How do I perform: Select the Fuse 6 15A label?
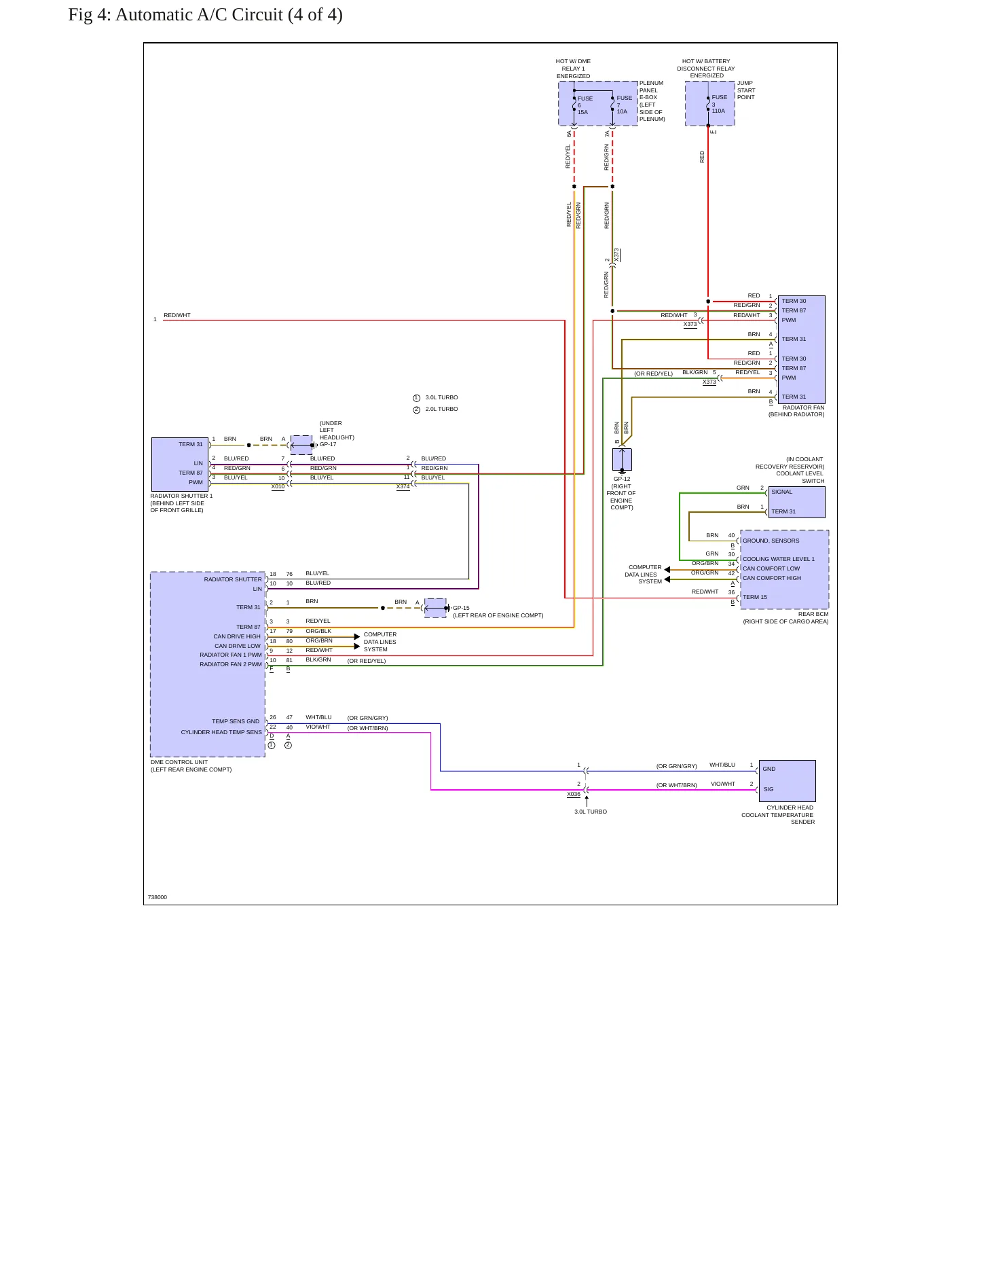(585, 105)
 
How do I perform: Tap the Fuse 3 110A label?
(719, 104)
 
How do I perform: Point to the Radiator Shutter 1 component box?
(180, 465)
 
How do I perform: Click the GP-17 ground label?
(328, 444)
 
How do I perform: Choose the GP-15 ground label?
(461, 608)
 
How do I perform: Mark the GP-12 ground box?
(622, 459)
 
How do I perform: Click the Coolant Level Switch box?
(796, 502)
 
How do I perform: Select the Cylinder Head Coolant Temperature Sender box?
(787, 781)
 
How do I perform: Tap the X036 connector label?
(574, 794)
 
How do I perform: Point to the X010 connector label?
(278, 486)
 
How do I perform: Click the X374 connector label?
(403, 486)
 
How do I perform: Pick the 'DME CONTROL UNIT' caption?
(179, 762)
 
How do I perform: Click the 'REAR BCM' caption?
(813, 614)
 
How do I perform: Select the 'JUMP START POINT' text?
(746, 90)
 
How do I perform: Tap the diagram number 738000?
(158, 897)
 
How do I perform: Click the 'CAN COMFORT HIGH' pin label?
(772, 578)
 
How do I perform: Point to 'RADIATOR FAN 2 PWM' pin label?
(230, 664)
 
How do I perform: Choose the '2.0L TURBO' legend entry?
(442, 409)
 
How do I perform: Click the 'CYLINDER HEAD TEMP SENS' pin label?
(221, 732)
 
